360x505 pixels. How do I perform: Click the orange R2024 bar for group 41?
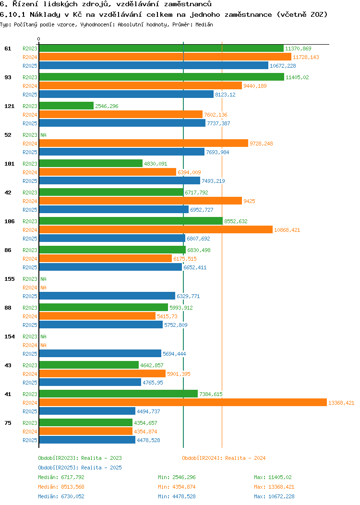coord(182,402)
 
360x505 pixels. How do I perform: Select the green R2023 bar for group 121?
coord(66,106)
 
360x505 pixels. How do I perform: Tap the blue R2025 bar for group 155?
coord(107,296)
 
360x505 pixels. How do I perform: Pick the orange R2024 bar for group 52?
coord(144,143)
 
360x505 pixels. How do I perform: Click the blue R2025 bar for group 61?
coord(154,65)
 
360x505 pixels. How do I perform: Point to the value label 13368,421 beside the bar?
coord(341,403)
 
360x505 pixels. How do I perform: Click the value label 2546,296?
coord(107,106)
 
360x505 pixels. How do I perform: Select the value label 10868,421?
coord(287,230)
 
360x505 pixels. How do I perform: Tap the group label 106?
coord(10,221)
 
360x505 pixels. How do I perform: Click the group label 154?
coord(10,337)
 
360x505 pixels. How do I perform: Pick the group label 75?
coord(8,423)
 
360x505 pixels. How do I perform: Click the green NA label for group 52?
coord(43,135)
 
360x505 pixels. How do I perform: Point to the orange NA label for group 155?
coord(43,288)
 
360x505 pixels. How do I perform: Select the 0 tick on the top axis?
coord(39,39)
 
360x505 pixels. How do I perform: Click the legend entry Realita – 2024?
coord(224,458)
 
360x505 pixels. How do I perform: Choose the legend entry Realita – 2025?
coord(80,468)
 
